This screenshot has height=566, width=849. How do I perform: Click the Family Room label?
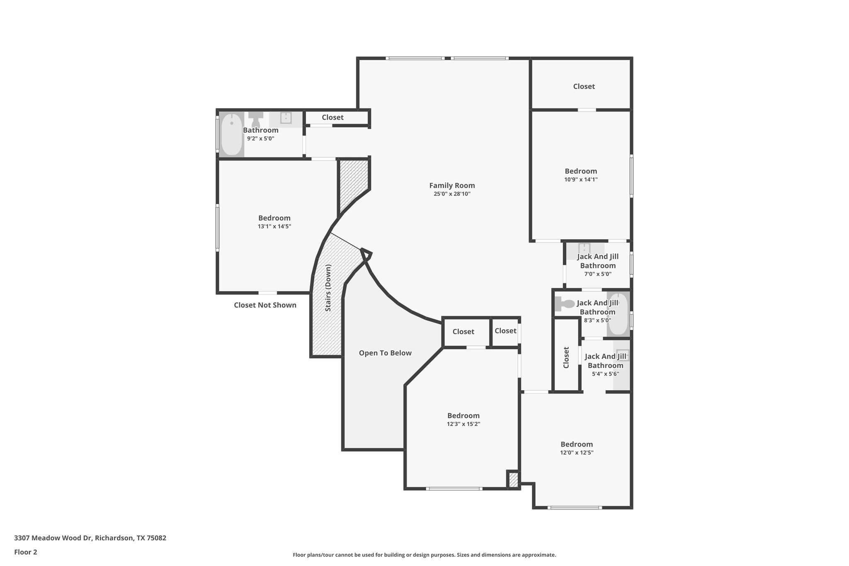[452, 186]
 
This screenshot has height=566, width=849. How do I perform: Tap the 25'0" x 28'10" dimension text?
[452, 194]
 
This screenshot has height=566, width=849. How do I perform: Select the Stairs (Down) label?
[328, 288]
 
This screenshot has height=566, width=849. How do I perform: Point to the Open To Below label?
[385, 353]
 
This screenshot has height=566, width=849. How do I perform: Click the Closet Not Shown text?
[265, 305]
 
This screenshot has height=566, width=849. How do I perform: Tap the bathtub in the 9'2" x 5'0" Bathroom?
[232, 134]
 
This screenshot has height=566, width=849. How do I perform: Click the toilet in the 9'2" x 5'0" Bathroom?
[256, 119]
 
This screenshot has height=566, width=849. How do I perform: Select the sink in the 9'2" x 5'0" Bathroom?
[286, 118]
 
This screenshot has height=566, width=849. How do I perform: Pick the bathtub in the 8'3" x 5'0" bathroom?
[618, 314]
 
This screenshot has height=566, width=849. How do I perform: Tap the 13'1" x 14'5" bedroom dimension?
[274, 226]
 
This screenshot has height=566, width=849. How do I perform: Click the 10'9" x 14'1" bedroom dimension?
[581, 180]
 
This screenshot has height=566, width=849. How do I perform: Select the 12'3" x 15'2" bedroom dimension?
[463, 424]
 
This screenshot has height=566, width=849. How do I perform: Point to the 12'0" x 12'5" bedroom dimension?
[577, 452]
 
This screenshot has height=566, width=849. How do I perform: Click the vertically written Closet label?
[566, 357]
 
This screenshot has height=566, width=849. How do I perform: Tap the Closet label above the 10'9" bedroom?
[584, 86]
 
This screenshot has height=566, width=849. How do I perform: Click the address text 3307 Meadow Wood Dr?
[53, 538]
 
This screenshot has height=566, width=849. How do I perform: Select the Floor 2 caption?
[26, 552]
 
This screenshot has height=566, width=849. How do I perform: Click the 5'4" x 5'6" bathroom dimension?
[606, 374]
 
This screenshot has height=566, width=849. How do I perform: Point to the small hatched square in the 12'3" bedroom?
[513, 480]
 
